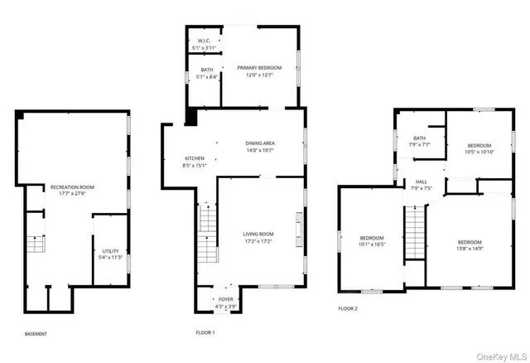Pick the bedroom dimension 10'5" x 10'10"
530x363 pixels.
pos(479,152)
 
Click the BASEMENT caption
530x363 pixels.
pos(36,334)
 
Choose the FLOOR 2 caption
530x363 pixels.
pos(348,308)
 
